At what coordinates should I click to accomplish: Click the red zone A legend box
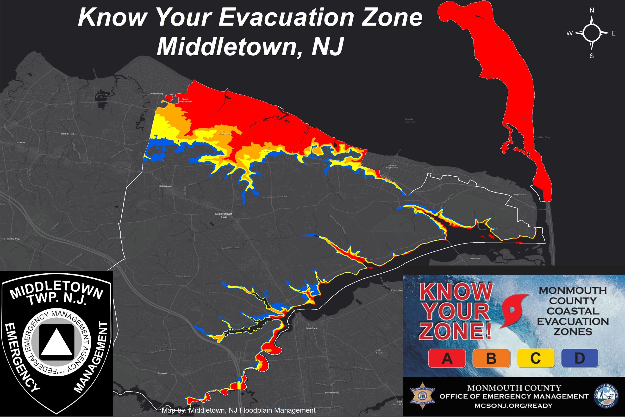point(447,358)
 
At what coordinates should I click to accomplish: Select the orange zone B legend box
point(491,358)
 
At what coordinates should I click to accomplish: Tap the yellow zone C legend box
point(536,358)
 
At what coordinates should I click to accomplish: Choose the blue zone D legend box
point(580,358)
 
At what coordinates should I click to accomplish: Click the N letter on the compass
point(592,10)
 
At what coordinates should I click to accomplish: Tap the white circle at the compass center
point(592,33)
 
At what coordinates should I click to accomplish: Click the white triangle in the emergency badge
point(56,342)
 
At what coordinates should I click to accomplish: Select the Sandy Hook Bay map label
point(409,121)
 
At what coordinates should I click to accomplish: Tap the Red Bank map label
point(312,328)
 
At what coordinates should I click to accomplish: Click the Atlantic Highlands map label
point(392,167)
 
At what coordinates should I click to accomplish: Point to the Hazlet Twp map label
point(68,134)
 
